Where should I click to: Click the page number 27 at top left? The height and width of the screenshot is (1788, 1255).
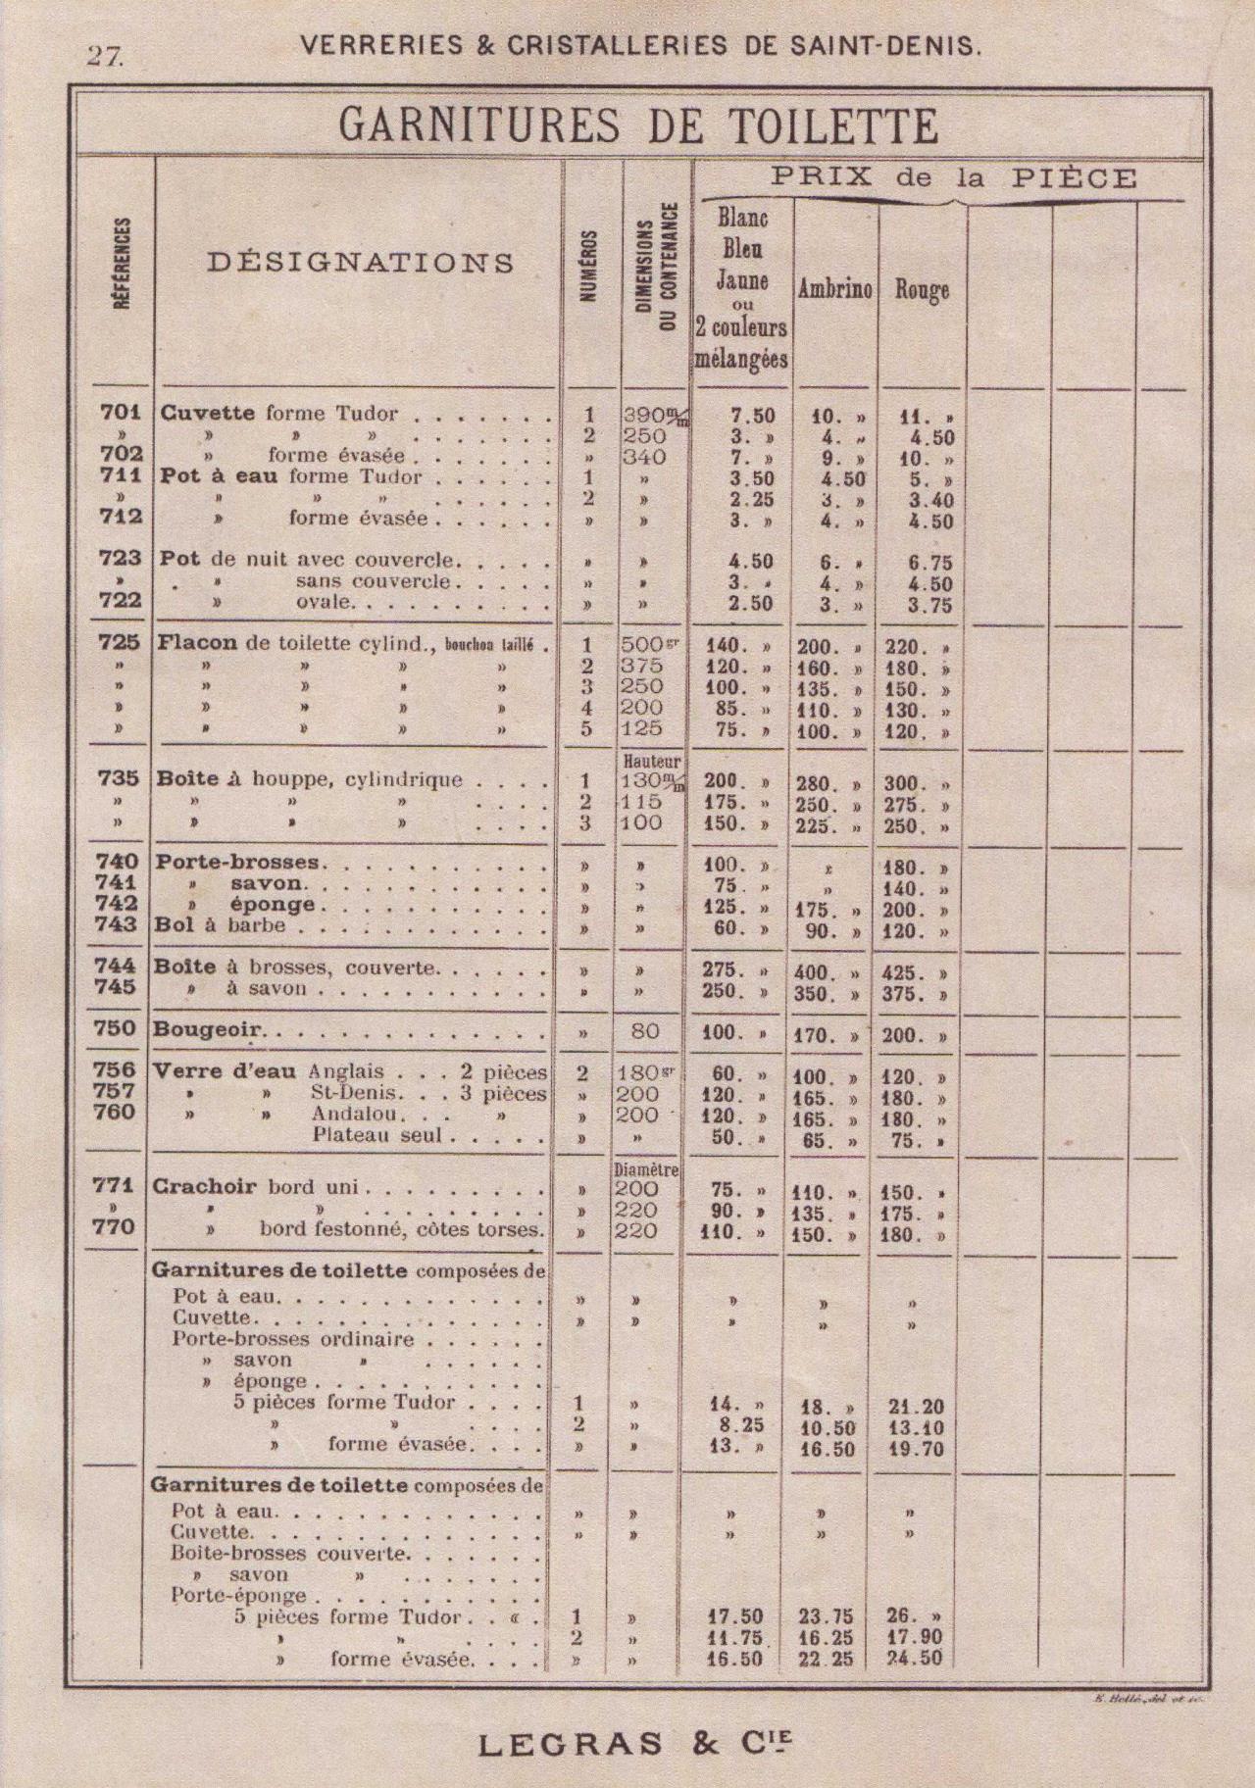105,56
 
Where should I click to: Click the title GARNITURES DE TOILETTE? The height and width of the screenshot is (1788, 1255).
637,126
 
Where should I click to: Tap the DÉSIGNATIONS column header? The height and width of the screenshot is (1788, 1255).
361,263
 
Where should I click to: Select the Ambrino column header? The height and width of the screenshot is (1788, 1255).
834,290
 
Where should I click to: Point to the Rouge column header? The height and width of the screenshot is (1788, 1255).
922,290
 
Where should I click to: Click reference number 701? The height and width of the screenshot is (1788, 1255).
122,413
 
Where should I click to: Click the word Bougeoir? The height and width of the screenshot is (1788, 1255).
209,1031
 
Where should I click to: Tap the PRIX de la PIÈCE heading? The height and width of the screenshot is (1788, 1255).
952,178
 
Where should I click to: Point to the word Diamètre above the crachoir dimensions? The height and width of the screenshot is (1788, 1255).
646,1169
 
